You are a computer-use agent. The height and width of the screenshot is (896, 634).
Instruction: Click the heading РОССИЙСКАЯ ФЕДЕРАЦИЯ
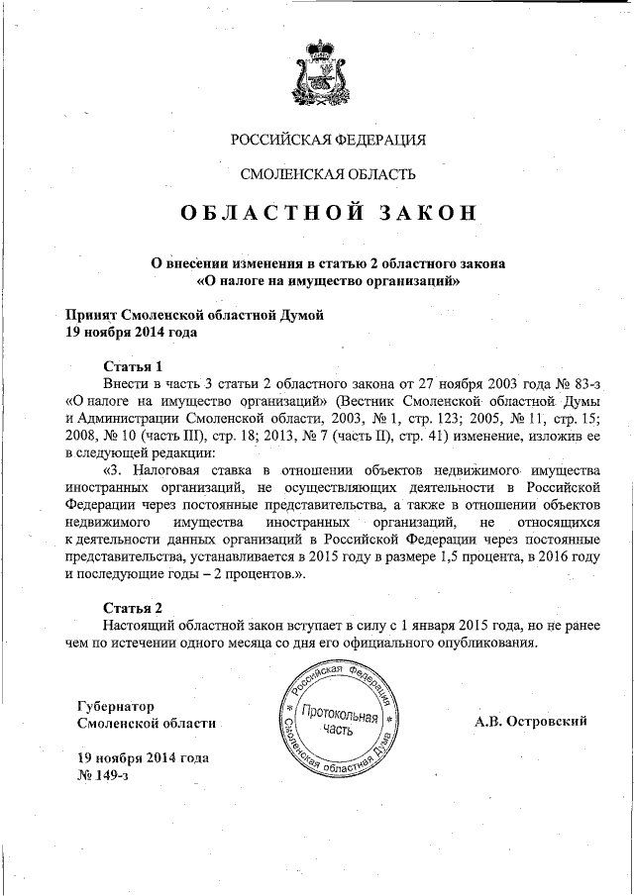[x=328, y=140]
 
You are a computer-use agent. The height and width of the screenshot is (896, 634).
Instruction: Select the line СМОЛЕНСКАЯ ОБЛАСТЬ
[x=328, y=175]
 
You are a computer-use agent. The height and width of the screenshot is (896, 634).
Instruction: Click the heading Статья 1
[x=132, y=365]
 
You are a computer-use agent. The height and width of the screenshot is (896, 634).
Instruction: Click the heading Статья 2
[x=132, y=606]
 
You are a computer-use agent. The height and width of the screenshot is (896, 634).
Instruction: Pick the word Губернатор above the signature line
[x=116, y=706]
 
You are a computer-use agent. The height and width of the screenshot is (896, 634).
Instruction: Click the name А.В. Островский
[x=531, y=721]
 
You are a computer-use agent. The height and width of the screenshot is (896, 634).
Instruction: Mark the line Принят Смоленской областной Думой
[x=194, y=314]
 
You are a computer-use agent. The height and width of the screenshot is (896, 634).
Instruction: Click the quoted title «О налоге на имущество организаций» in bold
[x=328, y=281]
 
